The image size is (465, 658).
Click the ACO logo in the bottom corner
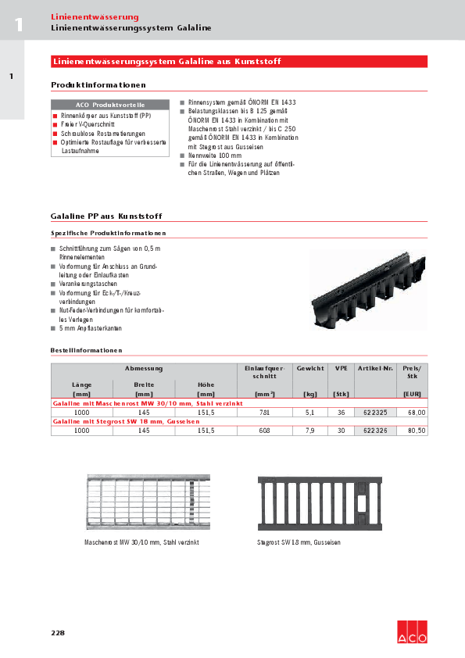click(x=413, y=632)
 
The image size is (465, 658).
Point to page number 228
click(x=58, y=633)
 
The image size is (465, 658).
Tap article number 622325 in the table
click(x=374, y=412)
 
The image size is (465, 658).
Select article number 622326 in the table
click(x=374, y=431)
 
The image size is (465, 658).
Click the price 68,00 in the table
click(x=415, y=412)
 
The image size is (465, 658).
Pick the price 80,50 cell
click(x=415, y=431)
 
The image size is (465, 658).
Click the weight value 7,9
click(x=309, y=431)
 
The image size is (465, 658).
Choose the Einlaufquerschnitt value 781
click(x=264, y=412)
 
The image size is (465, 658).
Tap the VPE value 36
click(x=341, y=412)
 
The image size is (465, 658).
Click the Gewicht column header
click(x=309, y=368)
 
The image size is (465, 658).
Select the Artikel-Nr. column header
click(x=374, y=368)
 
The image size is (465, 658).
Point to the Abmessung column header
click(x=143, y=368)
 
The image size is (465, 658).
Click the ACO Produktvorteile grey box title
click(x=110, y=104)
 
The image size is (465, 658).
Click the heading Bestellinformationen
click(x=86, y=350)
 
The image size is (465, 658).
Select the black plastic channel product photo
click(x=364, y=291)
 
